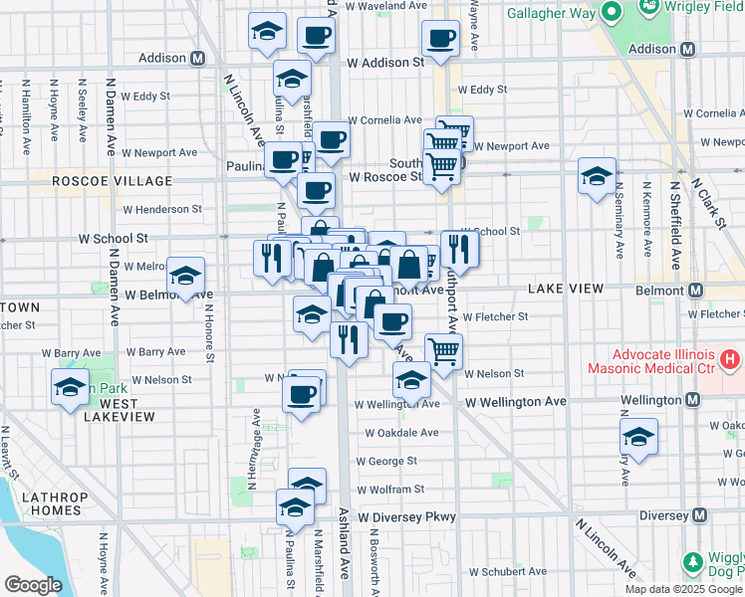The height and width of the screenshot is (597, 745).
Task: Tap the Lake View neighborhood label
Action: tap(565, 289)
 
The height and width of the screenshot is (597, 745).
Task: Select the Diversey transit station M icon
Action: tap(700, 515)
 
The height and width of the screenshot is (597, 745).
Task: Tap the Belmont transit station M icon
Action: tap(695, 290)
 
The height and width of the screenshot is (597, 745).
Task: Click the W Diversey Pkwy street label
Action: tap(407, 517)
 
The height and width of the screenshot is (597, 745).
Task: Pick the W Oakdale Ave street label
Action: tap(400, 433)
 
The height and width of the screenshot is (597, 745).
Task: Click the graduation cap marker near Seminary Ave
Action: tap(598, 177)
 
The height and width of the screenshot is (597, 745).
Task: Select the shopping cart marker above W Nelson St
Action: tap(443, 349)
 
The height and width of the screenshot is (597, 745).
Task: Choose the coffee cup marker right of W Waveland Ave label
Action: tap(439, 40)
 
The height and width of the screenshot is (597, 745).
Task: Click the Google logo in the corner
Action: tap(33, 585)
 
